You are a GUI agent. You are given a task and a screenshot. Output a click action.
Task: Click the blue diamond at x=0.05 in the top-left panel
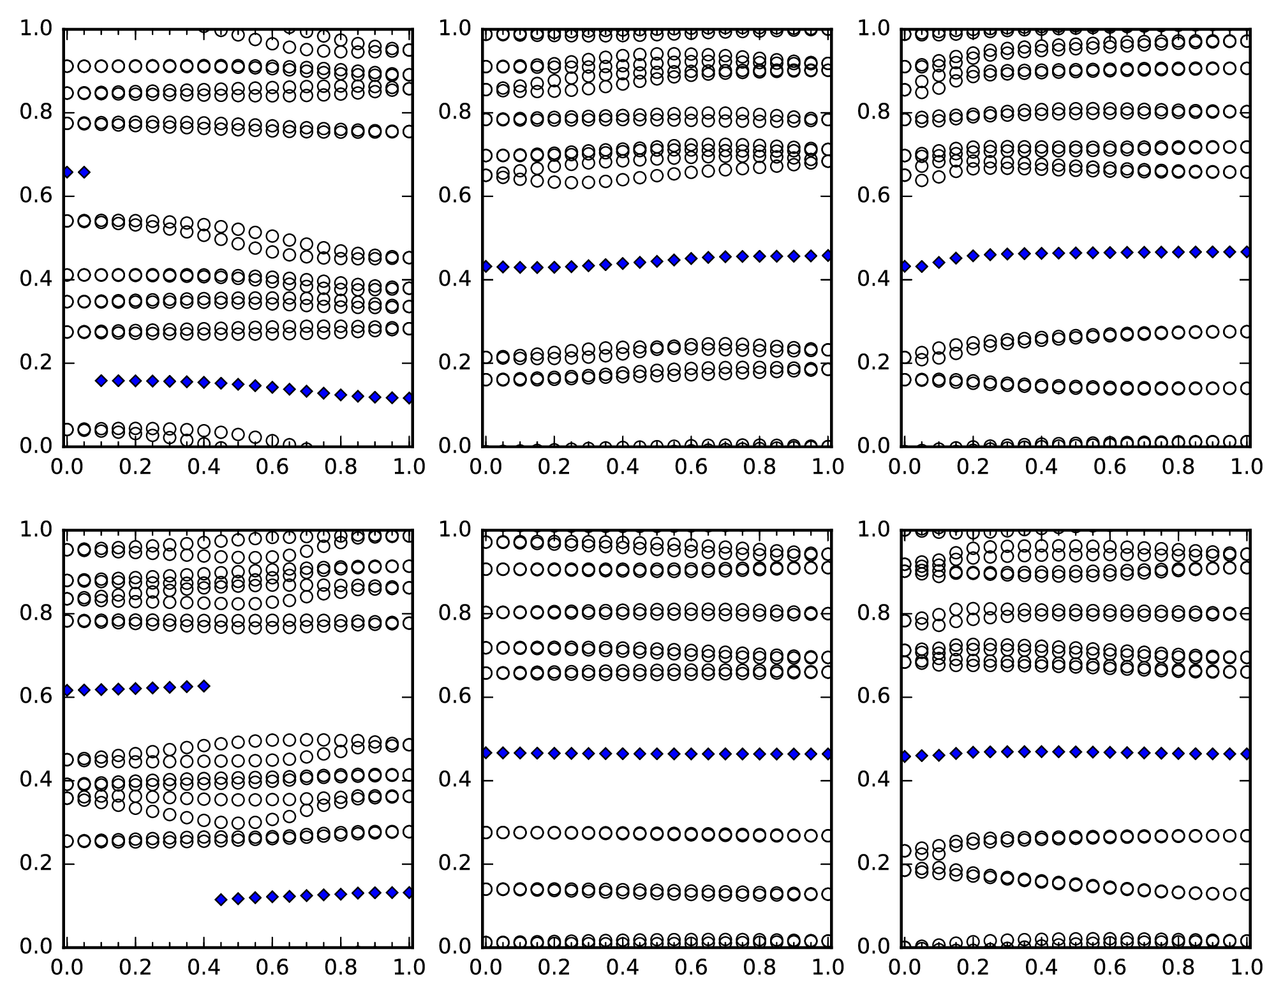tap(84, 172)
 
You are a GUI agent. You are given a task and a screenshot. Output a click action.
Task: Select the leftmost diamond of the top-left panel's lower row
tap(101, 381)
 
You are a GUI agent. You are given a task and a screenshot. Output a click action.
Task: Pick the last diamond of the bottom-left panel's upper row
tap(204, 686)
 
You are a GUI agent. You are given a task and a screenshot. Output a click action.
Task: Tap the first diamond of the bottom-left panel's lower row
tap(221, 900)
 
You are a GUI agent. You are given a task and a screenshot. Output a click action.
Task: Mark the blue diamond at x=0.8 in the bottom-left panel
tap(341, 894)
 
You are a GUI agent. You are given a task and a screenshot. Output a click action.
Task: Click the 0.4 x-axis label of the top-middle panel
tap(622, 467)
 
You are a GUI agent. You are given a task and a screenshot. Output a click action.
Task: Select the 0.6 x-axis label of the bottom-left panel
tap(272, 967)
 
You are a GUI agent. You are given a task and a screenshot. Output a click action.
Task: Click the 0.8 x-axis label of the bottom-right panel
tap(1177, 967)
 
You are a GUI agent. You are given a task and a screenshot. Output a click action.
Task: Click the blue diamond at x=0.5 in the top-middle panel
tap(656, 261)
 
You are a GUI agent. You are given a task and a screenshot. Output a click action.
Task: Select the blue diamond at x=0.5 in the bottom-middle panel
tap(656, 754)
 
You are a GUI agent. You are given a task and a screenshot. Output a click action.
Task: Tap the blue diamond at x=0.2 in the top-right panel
tap(972, 256)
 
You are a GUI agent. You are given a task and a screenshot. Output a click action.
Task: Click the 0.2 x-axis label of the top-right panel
tap(972, 467)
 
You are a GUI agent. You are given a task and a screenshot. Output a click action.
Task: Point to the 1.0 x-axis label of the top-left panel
tap(409, 467)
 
